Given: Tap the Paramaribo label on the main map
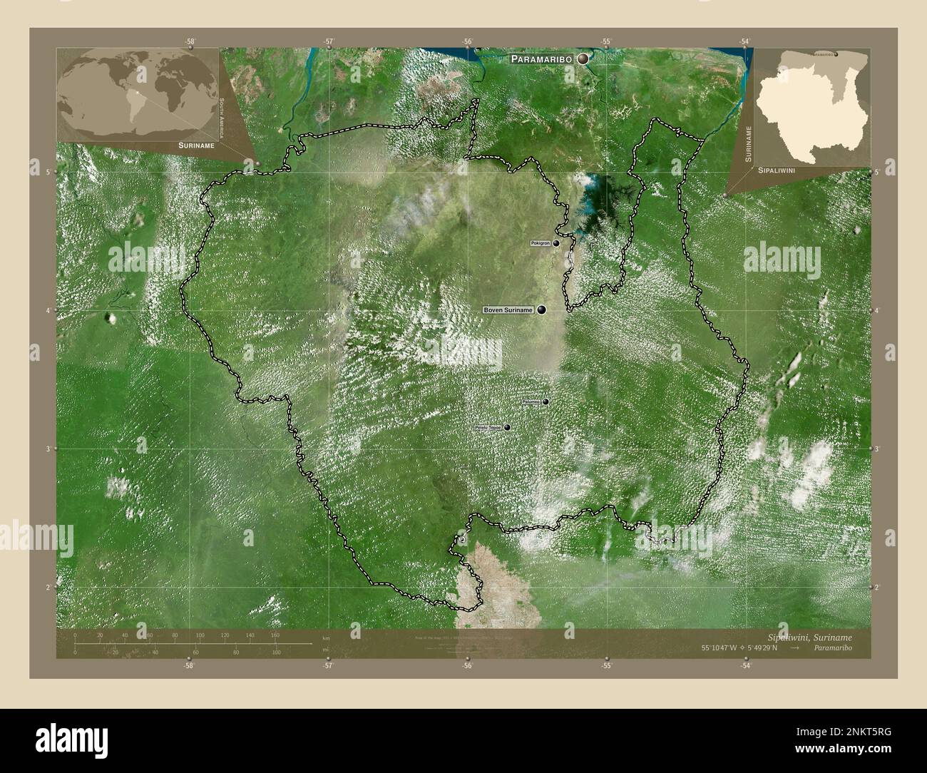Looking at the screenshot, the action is pyautogui.click(x=542, y=61).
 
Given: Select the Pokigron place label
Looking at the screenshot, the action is pyautogui.click(x=541, y=243).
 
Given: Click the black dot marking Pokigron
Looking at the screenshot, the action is pyautogui.click(x=556, y=243).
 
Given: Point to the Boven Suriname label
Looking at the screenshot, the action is pyautogui.click(x=508, y=310).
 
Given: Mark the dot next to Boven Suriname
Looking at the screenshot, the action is pyautogui.click(x=542, y=310).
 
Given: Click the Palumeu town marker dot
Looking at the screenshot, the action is pyautogui.click(x=546, y=402).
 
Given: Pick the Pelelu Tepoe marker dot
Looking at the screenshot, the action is pyautogui.click(x=507, y=428).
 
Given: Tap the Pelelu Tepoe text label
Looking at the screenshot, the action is pyautogui.click(x=488, y=428).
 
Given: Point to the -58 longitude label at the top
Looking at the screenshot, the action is pyautogui.click(x=189, y=42).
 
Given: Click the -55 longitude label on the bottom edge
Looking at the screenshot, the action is pyautogui.click(x=606, y=666).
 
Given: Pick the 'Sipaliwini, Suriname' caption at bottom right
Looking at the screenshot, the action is pyautogui.click(x=809, y=636).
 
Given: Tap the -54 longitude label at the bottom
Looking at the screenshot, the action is pyautogui.click(x=745, y=666).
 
